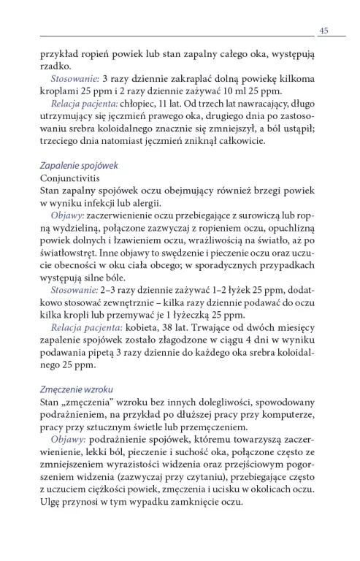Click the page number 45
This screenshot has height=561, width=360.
point(323,29)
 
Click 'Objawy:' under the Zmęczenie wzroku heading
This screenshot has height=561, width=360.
point(69,441)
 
